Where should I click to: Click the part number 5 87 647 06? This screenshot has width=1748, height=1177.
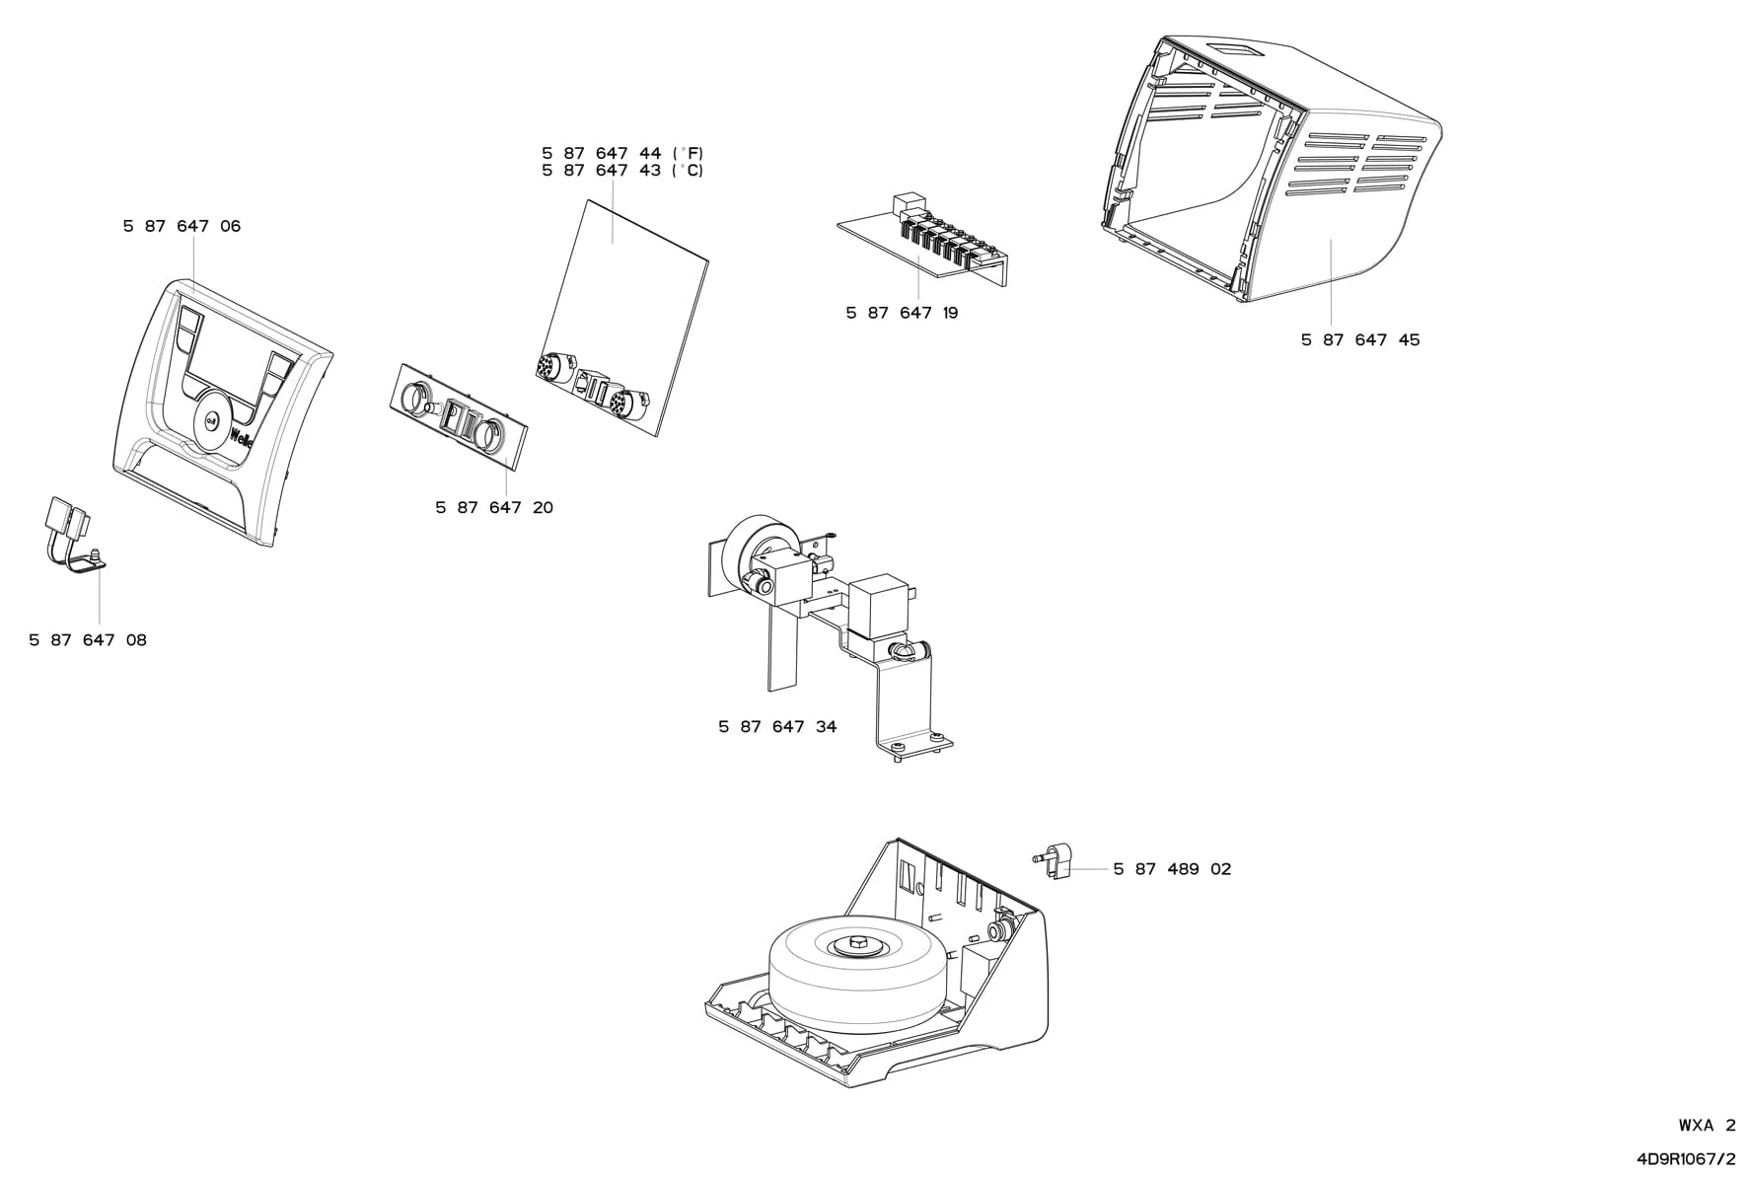[x=182, y=226]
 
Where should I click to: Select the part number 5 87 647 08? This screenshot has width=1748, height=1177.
[x=88, y=640]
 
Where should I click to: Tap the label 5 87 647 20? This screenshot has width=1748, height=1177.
[x=494, y=508]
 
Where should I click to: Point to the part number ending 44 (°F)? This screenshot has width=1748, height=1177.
[x=622, y=153]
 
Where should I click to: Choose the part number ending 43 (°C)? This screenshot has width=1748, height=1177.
[x=622, y=171]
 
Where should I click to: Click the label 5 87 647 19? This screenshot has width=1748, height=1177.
[x=902, y=313]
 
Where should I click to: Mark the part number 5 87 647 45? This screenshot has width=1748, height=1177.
[x=1360, y=339]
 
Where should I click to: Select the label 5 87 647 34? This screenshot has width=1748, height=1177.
[x=777, y=727]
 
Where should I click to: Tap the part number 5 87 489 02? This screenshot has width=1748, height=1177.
[x=1172, y=869]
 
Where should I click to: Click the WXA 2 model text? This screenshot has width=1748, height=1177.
[x=1707, y=1125]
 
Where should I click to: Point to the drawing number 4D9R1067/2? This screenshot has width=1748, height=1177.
[x=1686, y=1158]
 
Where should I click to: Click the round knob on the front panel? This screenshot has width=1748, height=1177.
[x=211, y=422]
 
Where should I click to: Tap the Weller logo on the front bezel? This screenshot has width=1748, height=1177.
[x=243, y=437]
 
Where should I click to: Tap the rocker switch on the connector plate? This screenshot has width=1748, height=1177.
[x=456, y=417]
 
